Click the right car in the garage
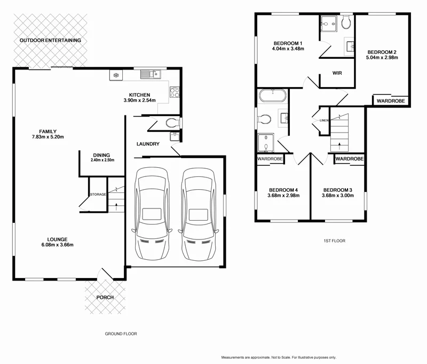(x=199, y=213)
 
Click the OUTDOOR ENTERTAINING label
(x=50, y=40)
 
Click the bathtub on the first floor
(x=273, y=96)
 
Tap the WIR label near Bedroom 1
(x=337, y=73)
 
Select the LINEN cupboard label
(x=324, y=120)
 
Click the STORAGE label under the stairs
(x=98, y=194)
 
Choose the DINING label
(x=102, y=154)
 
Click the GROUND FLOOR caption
(x=121, y=334)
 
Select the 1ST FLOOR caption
(x=334, y=241)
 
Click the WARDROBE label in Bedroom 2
(x=391, y=100)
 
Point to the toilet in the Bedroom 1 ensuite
(x=345, y=22)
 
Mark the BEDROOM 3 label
(x=337, y=190)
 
